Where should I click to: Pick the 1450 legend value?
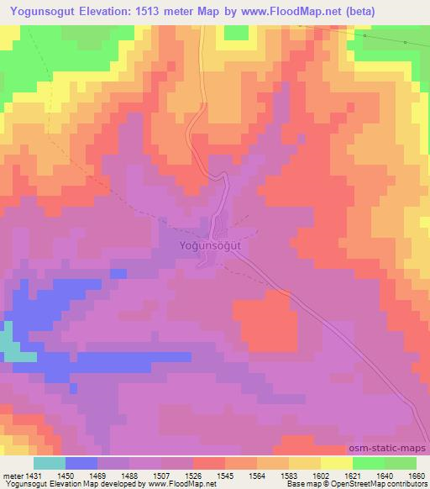tap(65, 475)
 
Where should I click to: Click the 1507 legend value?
tap(160, 475)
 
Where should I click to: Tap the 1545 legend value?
tap(224, 475)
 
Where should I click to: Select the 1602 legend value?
tap(320, 475)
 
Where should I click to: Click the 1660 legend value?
tap(417, 475)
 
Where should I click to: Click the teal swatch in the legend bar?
tap(50, 463)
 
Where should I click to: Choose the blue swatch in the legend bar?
tap(81, 463)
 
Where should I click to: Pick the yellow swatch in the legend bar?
tap(337, 463)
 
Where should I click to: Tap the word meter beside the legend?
tap(11, 475)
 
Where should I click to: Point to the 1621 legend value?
tap(353, 475)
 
